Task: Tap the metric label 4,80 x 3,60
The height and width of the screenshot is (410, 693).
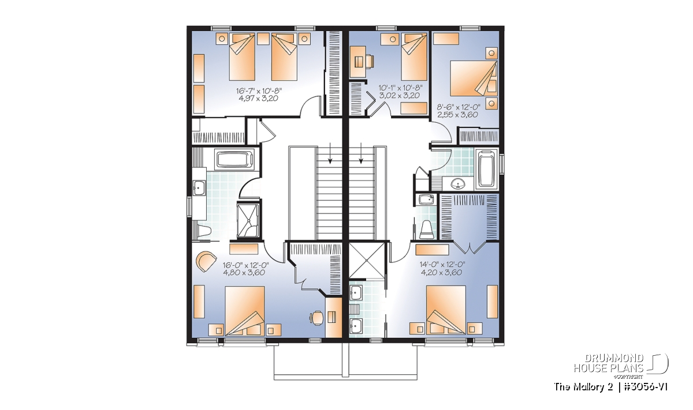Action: click(244, 273)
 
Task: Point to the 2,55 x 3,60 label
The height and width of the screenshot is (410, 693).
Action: click(457, 115)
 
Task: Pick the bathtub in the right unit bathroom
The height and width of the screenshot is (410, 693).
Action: click(487, 170)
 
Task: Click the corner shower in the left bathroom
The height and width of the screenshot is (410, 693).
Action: click(248, 220)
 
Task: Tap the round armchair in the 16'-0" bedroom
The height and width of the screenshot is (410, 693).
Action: click(206, 261)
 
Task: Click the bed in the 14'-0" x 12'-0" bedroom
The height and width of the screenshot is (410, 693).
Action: click(446, 310)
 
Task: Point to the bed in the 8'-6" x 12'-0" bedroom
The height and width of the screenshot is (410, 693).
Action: click(474, 78)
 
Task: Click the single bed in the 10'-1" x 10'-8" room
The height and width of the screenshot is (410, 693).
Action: click(414, 57)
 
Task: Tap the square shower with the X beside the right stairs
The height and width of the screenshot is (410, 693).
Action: click(367, 261)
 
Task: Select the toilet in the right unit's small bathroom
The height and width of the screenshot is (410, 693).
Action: click(427, 230)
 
